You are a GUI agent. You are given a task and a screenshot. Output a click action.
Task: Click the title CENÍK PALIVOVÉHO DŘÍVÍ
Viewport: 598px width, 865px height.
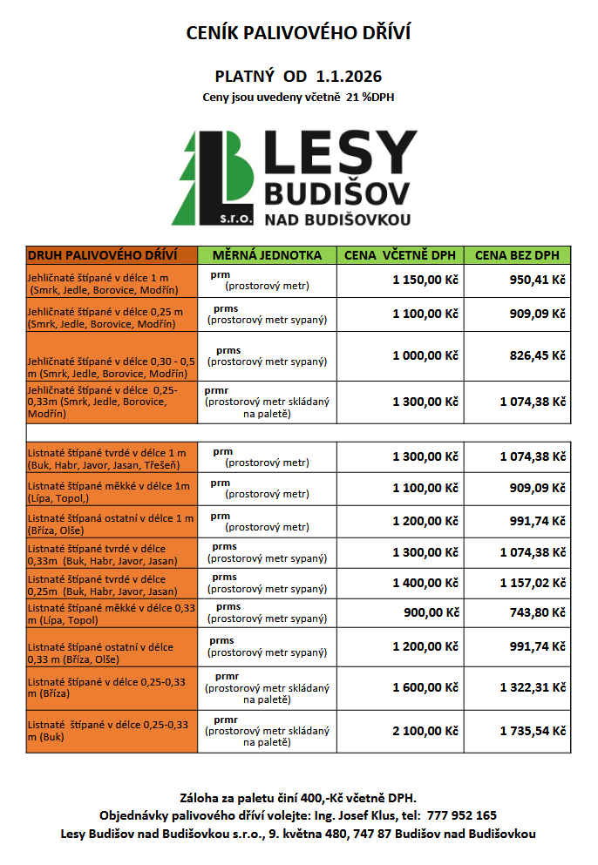tap(298, 33)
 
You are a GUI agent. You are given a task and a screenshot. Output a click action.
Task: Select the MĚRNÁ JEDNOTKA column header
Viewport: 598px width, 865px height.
tap(267, 255)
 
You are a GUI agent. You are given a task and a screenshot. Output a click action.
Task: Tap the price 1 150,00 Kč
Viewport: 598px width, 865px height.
tap(425, 280)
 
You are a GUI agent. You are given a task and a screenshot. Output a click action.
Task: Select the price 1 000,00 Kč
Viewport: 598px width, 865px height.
tap(425, 355)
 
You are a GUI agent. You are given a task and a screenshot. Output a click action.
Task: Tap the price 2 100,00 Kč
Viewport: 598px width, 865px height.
tap(425, 731)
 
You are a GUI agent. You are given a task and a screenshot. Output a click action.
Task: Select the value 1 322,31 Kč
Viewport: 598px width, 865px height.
tap(533, 687)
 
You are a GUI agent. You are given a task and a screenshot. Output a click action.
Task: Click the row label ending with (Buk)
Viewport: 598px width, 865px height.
tap(109, 730)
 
